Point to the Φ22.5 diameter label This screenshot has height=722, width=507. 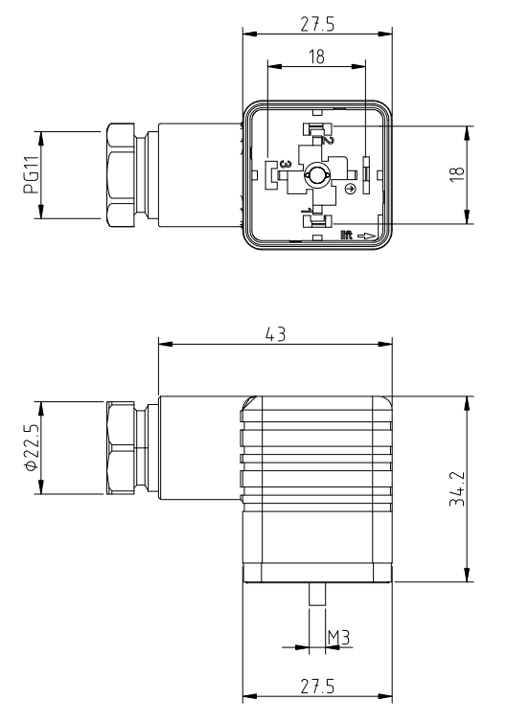pyautogui.click(x=30, y=446)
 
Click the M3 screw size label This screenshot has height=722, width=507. pyautogui.click(x=337, y=637)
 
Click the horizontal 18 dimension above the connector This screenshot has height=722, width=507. pyautogui.click(x=316, y=56)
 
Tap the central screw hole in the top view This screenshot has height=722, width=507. pyautogui.click(x=316, y=176)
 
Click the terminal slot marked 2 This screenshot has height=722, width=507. pyautogui.click(x=315, y=131)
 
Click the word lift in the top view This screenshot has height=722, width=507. pyautogui.click(x=347, y=233)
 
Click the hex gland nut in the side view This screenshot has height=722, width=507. pyautogui.click(x=124, y=447)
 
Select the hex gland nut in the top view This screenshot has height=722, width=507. pyautogui.click(x=124, y=174)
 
